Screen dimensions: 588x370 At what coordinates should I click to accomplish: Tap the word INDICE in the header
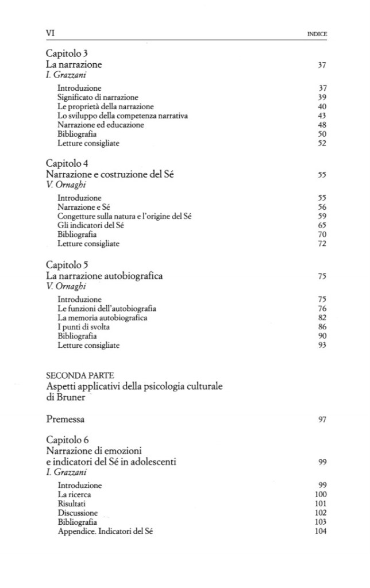tap(317, 34)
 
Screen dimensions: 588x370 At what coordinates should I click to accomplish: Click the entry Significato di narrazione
tap(98, 98)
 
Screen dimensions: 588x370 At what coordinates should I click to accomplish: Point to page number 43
tap(322, 116)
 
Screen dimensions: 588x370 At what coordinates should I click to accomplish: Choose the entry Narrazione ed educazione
tap(101, 125)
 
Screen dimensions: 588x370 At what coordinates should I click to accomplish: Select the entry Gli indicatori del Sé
tap(91, 225)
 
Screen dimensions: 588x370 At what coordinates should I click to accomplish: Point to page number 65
tap(322, 225)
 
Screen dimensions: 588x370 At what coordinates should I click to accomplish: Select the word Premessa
tap(68, 420)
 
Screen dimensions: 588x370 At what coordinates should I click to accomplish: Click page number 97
tap(322, 420)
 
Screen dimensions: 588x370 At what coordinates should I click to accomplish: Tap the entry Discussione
tap(78, 513)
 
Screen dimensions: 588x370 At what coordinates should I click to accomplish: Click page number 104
tap(321, 531)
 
